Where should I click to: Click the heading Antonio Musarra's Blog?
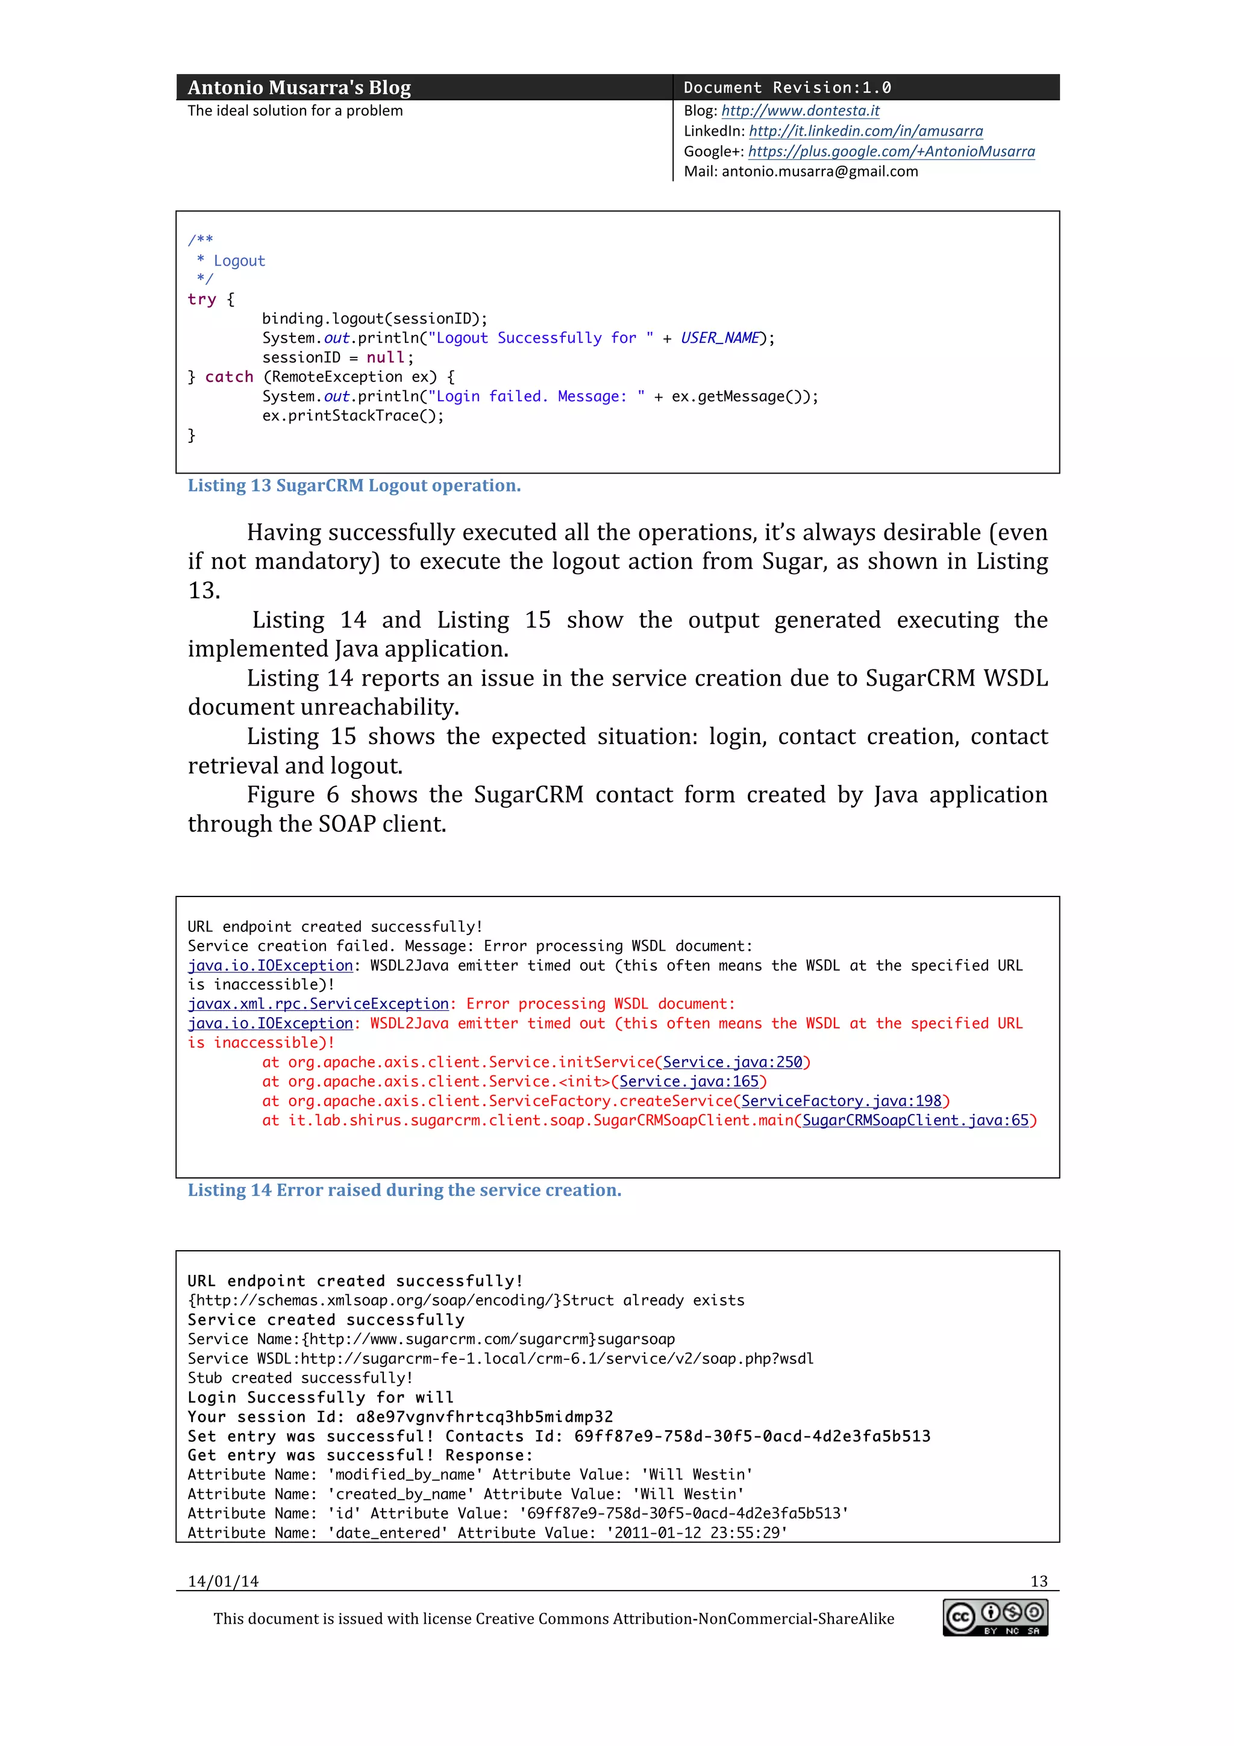tap(299, 88)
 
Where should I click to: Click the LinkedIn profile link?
tap(865, 131)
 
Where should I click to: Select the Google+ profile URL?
tap(891, 151)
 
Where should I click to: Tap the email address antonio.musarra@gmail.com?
tap(819, 172)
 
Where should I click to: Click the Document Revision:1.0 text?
tap(787, 88)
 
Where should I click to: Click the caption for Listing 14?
tap(404, 1190)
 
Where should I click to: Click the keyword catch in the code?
tap(229, 377)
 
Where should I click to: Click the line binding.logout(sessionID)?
tap(375, 319)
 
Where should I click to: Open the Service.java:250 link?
tap(732, 1062)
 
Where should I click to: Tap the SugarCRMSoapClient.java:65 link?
tap(915, 1120)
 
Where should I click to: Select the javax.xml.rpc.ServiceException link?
tap(319, 1004)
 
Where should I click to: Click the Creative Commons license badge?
tap(995, 1618)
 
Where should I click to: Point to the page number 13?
tap(1039, 1582)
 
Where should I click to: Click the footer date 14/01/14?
tap(223, 1582)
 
